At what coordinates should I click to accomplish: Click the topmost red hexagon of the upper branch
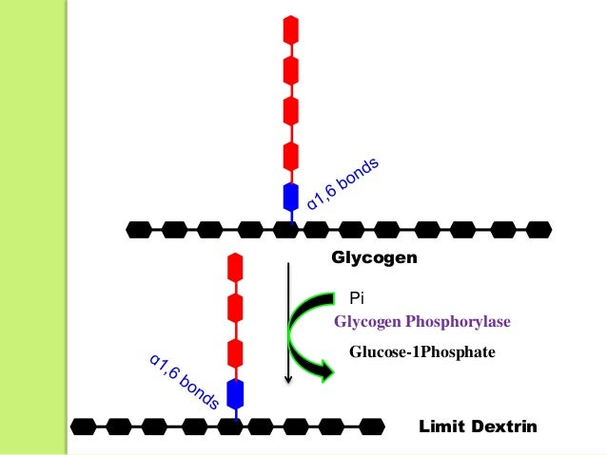click(x=291, y=29)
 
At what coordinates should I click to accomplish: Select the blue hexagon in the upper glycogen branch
click(x=291, y=197)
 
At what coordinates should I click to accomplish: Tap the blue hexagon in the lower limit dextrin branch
click(x=234, y=392)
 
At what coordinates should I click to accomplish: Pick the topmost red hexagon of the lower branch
click(x=234, y=267)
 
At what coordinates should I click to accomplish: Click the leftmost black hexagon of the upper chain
click(x=139, y=229)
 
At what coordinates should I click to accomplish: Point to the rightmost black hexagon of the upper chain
click(x=538, y=229)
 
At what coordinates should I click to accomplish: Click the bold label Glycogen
click(x=374, y=257)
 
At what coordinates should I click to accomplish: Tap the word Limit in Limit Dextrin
click(x=440, y=427)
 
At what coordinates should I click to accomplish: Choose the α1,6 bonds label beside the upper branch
click(x=343, y=182)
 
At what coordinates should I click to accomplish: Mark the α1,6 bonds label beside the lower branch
click(x=185, y=380)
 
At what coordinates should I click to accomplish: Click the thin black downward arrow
click(x=287, y=323)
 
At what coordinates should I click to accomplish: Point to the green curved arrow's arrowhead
click(x=325, y=371)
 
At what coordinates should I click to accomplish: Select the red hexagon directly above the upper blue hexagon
click(x=291, y=155)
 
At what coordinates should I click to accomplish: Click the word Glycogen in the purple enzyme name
click(x=364, y=322)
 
